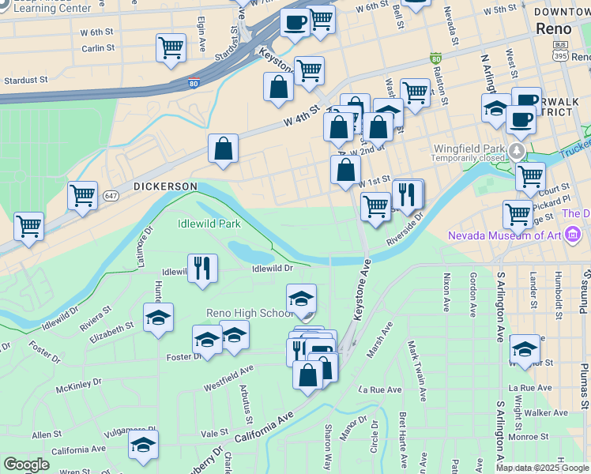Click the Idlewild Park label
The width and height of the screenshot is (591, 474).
click(x=209, y=224)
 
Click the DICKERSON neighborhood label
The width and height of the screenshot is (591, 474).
click(x=164, y=186)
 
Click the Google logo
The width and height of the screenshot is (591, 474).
click(x=26, y=464)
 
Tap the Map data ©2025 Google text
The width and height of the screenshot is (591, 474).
click(x=541, y=468)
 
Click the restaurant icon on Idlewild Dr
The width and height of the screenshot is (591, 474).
click(x=203, y=268)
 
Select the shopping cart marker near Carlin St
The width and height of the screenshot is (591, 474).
click(x=171, y=48)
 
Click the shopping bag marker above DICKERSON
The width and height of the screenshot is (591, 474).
click(x=224, y=148)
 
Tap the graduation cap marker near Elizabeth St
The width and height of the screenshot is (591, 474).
click(x=158, y=318)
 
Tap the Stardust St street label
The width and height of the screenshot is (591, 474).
click(x=25, y=80)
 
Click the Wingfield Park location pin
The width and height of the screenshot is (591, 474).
click(x=517, y=150)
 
